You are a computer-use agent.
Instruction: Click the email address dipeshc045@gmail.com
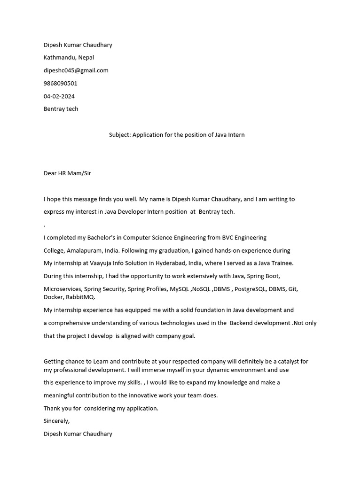(76, 70)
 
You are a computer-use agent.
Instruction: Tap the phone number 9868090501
(60, 83)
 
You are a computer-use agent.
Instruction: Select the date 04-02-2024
(59, 96)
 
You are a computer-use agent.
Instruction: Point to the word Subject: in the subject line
(120, 135)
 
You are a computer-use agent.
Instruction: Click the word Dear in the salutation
(50, 173)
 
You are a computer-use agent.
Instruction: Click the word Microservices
(62, 289)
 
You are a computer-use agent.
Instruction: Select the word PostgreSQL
(249, 289)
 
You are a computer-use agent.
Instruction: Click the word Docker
(53, 297)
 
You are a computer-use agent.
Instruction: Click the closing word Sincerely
(56, 421)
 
